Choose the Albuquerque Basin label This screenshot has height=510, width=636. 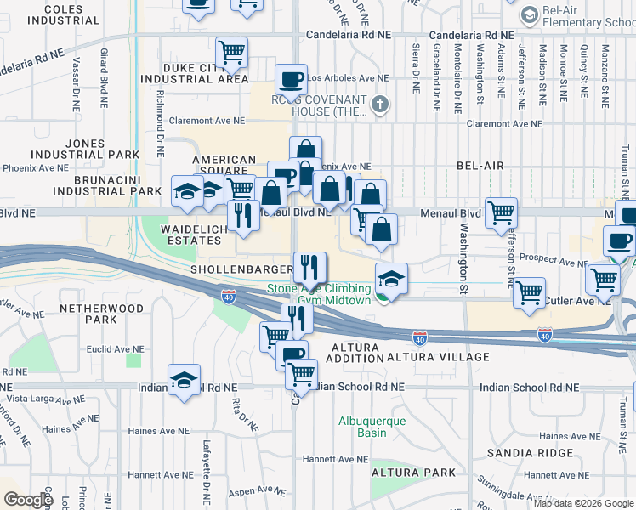(x=372, y=427)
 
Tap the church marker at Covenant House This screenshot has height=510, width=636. (x=380, y=105)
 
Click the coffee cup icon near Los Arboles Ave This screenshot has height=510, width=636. (x=291, y=80)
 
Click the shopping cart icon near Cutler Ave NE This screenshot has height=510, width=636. (x=530, y=292)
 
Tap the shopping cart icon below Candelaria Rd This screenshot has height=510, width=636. (x=231, y=52)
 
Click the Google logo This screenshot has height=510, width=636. (x=28, y=499)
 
